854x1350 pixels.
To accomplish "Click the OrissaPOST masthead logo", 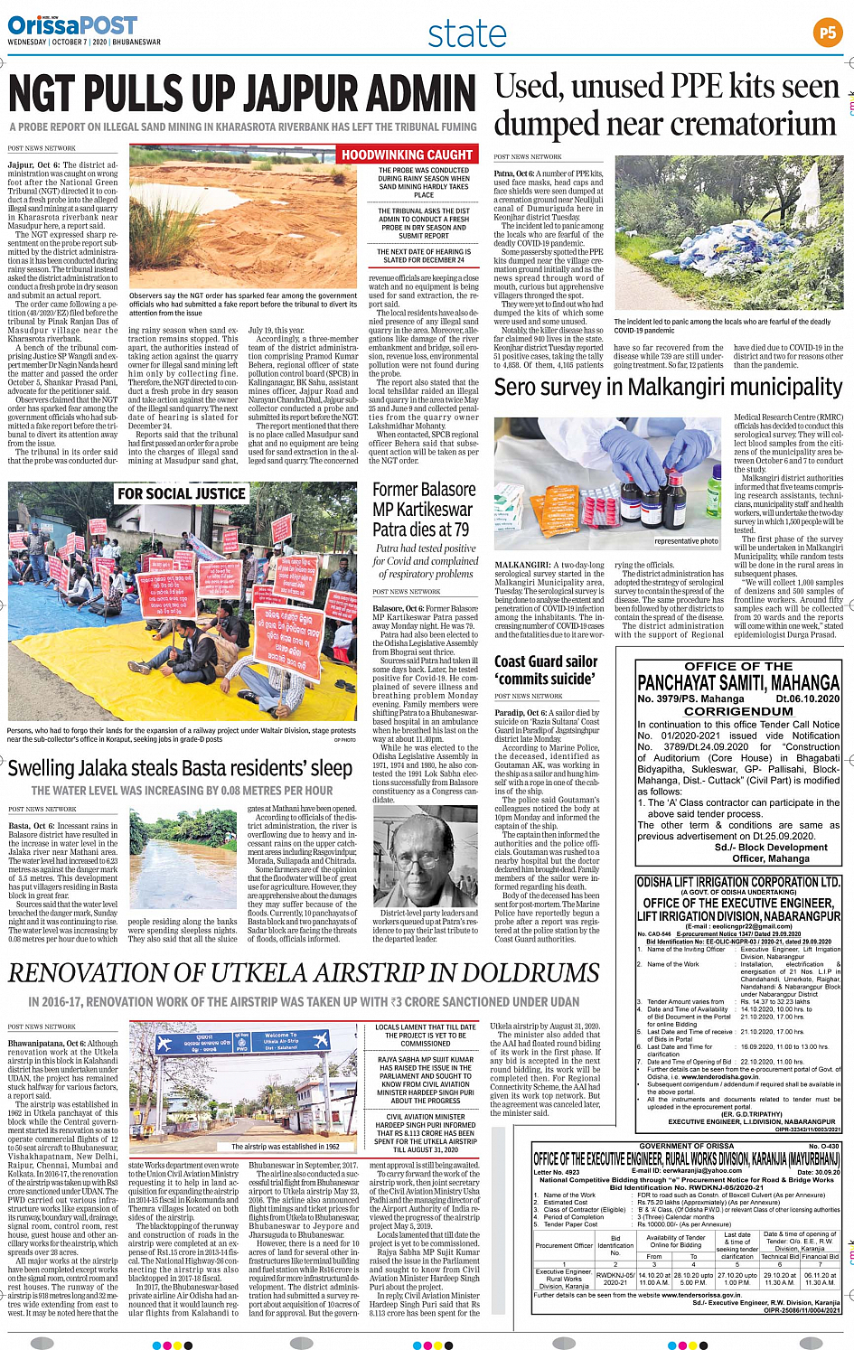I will click(x=72, y=24).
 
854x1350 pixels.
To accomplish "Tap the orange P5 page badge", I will click(x=827, y=33).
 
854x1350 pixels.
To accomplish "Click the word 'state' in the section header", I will click(x=466, y=34).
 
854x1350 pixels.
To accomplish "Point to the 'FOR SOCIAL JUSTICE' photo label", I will click(x=181, y=493).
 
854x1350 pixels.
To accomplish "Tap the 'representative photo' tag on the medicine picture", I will click(x=686, y=541).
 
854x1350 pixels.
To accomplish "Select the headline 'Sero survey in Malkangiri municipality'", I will click(x=668, y=387).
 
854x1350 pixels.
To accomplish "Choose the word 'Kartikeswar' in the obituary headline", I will click(x=423, y=509).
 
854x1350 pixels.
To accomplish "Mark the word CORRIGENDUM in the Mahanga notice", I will click(x=738, y=711).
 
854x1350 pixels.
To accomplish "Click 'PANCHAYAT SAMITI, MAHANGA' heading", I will click(x=738, y=683).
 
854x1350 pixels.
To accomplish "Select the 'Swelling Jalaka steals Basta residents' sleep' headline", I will click(x=180, y=768).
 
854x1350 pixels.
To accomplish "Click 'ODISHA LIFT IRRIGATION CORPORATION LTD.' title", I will click(x=738, y=882).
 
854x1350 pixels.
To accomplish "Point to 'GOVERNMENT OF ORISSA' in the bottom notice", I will click(x=686, y=1146).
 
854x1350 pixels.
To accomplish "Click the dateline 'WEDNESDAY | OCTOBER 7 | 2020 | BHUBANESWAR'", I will click(x=84, y=42).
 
